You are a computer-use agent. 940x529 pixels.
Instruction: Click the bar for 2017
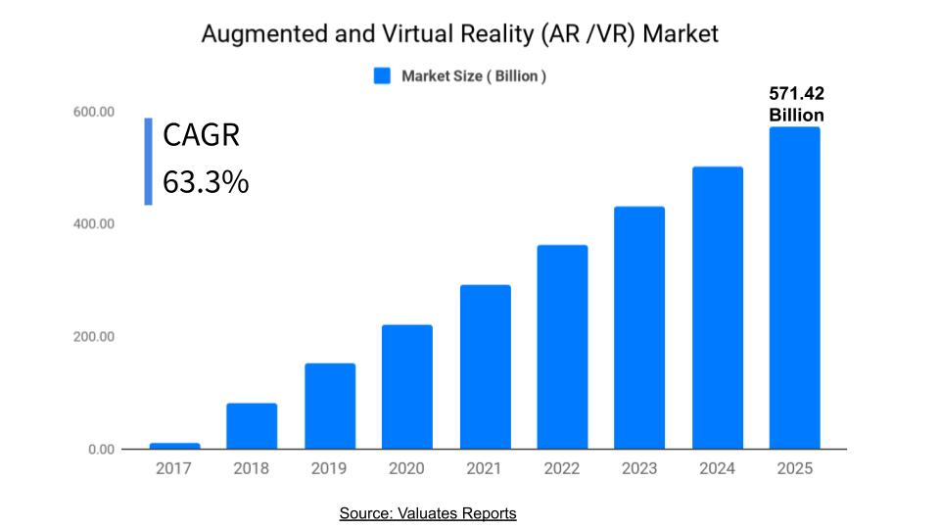(x=174, y=446)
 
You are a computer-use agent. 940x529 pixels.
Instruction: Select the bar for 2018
(x=252, y=426)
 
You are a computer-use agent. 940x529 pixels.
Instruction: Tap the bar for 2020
(x=407, y=387)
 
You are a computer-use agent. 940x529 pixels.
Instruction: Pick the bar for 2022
(x=562, y=347)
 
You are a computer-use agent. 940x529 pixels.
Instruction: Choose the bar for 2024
(x=718, y=308)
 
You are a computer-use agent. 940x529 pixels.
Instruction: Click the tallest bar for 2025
(x=794, y=288)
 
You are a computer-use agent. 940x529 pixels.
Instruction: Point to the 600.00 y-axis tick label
(x=94, y=112)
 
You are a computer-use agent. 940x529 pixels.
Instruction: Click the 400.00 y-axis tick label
(x=94, y=224)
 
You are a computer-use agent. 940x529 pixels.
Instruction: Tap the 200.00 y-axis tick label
(x=94, y=337)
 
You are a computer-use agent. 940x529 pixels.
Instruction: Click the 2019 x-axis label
(x=329, y=468)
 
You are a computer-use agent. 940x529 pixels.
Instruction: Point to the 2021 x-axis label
(x=485, y=468)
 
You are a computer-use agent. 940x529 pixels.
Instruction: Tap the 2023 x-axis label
(x=639, y=468)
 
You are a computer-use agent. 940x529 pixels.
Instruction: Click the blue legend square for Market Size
(x=383, y=75)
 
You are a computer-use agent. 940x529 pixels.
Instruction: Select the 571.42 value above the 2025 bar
(x=796, y=94)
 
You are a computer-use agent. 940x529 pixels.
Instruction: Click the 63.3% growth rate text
(x=206, y=181)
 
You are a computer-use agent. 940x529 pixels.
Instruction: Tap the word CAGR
(x=201, y=134)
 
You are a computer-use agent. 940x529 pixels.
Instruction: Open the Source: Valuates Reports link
(x=428, y=513)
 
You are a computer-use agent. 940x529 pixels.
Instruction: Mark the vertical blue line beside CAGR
(x=148, y=162)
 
